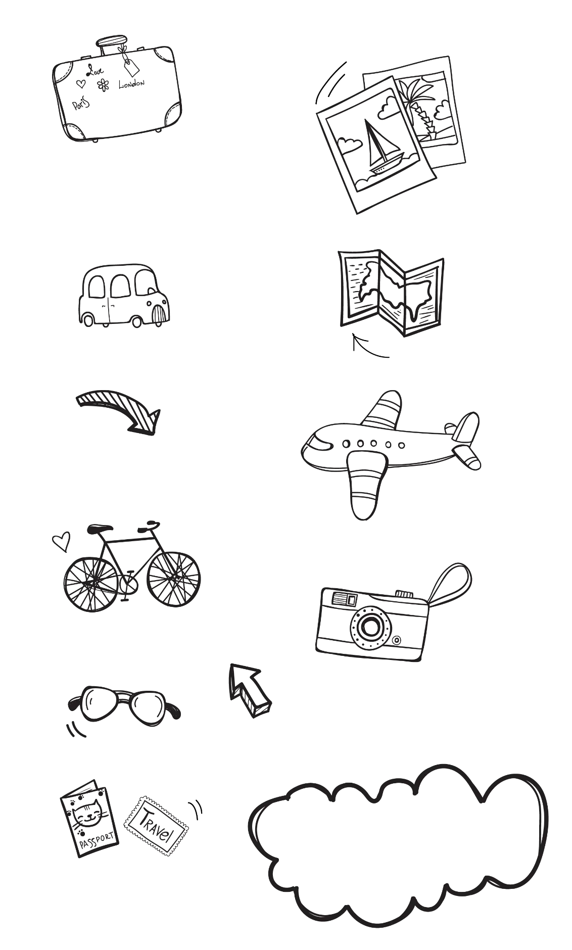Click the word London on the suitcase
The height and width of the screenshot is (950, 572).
pyautogui.click(x=131, y=83)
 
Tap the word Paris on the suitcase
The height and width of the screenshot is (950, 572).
pyautogui.click(x=80, y=104)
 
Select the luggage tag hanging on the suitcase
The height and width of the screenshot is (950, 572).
pyautogui.click(x=131, y=66)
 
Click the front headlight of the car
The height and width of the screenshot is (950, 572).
pyautogui.click(x=149, y=304)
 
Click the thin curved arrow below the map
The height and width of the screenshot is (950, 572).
pyautogui.click(x=367, y=348)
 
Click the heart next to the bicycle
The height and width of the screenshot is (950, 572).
pyautogui.click(x=61, y=541)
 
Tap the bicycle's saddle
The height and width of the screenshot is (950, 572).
pyautogui.click(x=100, y=529)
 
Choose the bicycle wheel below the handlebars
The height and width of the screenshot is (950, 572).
pyautogui.click(x=173, y=579)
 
